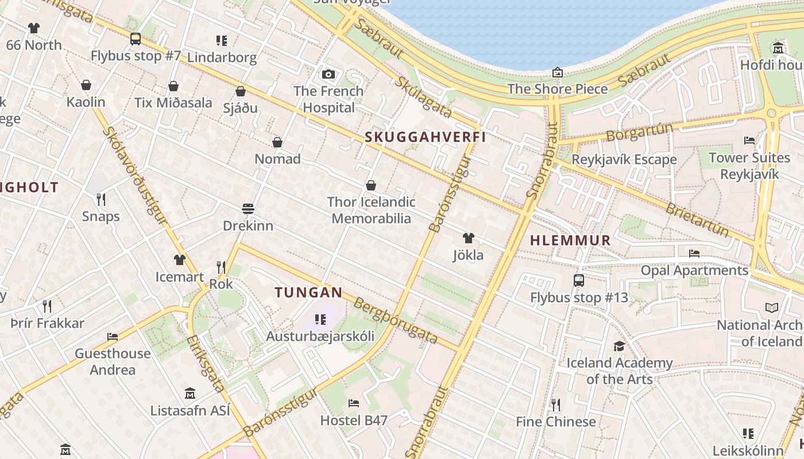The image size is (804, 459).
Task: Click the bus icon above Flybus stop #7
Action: coord(136,39)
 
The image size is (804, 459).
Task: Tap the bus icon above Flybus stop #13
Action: coord(579,281)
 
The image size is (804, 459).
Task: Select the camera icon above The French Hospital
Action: coord(328,74)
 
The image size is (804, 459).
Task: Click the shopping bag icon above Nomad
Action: coord(277,142)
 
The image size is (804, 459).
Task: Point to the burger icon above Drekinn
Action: coord(248,208)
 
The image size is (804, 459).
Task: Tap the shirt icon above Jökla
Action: coord(469,238)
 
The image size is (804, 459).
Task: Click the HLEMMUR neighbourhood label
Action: coord(570,240)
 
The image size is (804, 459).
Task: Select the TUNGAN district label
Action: coord(308,293)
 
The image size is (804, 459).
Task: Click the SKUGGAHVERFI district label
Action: coord(426,137)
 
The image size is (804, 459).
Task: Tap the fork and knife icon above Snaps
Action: coord(101,199)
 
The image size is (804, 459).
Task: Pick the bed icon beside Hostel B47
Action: coord(354,403)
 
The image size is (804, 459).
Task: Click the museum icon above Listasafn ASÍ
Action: coord(190,394)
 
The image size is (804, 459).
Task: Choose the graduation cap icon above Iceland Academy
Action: coord(619,346)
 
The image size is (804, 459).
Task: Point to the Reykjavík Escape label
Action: coord(624,160)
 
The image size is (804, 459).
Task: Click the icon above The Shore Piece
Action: coord(557,72)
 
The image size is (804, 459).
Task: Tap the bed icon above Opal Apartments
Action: coord(694,253)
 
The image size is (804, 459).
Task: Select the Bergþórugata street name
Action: coord(396,321)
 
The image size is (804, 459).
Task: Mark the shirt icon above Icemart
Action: coord(180,260)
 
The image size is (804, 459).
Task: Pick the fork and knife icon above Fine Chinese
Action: coord(555,405)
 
